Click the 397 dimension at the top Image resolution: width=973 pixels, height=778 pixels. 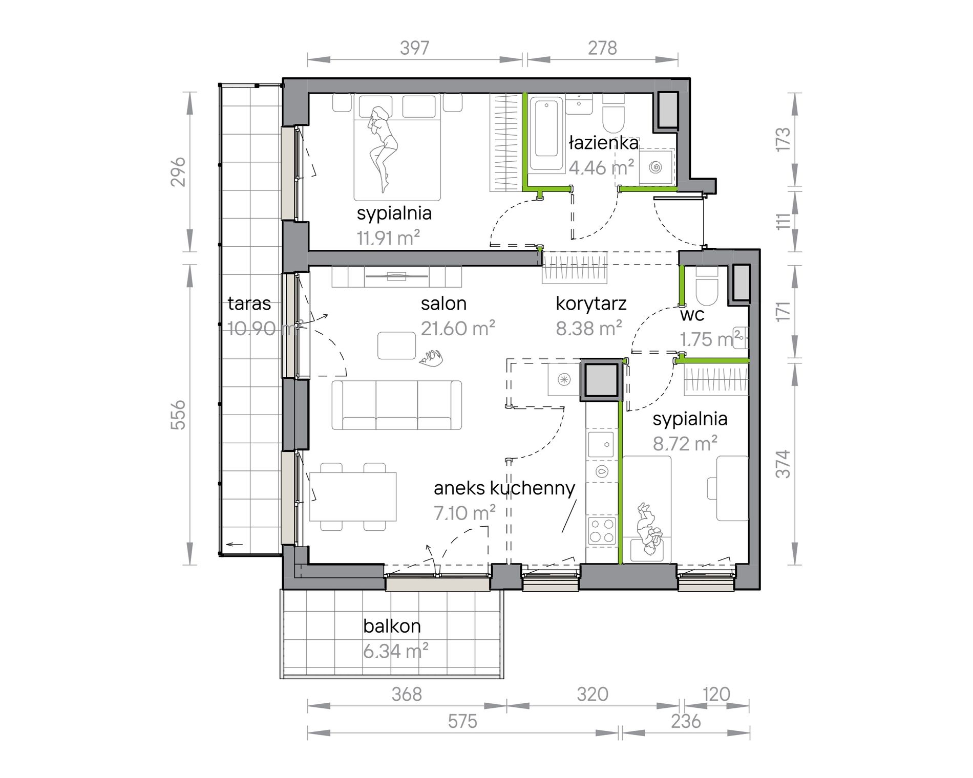click(x=414, y=48)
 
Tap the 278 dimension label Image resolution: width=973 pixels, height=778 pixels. click(x=602, y=48)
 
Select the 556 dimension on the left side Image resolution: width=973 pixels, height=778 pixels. click(x=178, y=415)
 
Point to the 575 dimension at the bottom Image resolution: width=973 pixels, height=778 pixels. click(x=462, y=721)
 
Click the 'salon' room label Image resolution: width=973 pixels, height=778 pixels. click(x=443, y=304)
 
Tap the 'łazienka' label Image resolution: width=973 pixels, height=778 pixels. click(x=604, y=143)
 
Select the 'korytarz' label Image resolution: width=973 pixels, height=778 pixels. click(x=591, y=304)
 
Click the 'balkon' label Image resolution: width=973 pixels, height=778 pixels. click(x=392, y=625)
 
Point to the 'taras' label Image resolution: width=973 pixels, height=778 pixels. click(x=249, y=304)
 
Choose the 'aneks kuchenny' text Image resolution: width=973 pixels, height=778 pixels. click(x=504, y=488)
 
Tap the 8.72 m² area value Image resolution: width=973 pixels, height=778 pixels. click(x=685, y=443)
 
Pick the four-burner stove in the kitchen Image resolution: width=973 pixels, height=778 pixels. click(x=602, y=531)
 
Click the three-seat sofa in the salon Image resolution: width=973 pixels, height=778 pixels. click(x=397, y=404)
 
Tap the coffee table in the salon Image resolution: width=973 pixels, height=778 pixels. click(x=396, y=345)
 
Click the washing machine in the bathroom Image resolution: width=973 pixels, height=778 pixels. click(x=656, y=167)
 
